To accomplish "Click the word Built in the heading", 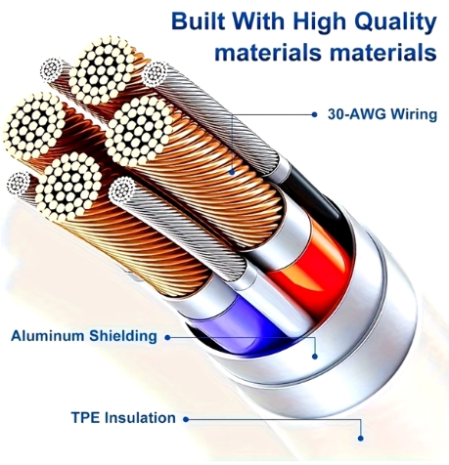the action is [199, 21].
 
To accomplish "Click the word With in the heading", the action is [258, 21].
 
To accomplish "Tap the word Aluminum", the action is [48, 336].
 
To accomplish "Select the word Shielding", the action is [123, 336].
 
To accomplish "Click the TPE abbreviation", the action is [85, 417].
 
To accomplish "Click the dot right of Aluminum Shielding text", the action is [167, 338].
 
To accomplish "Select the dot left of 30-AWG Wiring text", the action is [314, 114].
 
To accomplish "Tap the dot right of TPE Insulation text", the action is [186, 419].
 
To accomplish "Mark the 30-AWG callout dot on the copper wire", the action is [232, 172].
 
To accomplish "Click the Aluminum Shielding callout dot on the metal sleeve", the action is [315, 357].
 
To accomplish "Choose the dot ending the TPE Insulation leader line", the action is [360, 439].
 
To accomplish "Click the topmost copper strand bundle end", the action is [103, 71].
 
